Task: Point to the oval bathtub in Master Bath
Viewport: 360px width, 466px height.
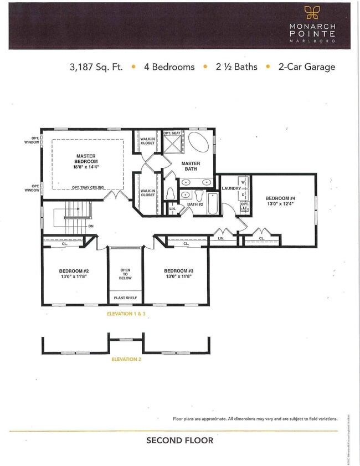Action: [x=198, y=143]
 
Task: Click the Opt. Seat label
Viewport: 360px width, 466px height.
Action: [x=172, y=134]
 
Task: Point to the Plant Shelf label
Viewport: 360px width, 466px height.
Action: [x=125, y=298]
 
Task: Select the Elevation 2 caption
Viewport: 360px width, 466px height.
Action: [x=126, y=359]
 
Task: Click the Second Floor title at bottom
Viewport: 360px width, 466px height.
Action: [x=179, y=441]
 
